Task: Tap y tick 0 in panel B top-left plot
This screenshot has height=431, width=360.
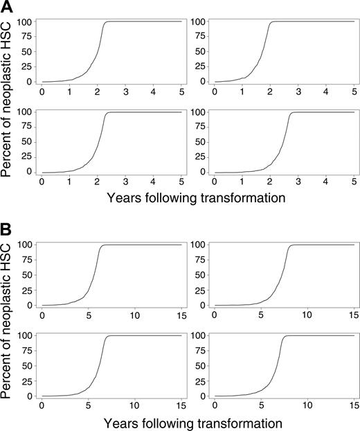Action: click(29, 305)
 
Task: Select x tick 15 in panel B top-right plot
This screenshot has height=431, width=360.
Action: click(351, 315)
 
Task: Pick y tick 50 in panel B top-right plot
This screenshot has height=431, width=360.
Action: click(201, 275)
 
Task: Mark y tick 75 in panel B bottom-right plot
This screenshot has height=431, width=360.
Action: click(201, 351)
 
